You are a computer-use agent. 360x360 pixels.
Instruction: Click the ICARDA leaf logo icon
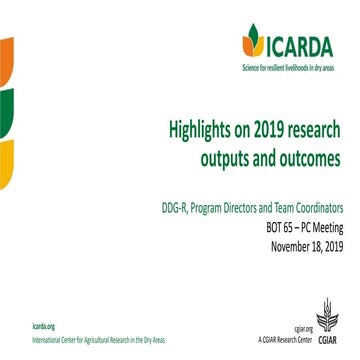tap(254, 42)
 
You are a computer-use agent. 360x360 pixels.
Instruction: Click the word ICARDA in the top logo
tap(306, 44)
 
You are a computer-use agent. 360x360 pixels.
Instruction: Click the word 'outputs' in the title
tap(229, 160)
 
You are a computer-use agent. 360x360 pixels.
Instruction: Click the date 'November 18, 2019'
tap(300, 247)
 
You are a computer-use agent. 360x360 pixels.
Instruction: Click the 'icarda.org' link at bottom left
tap(44, 327)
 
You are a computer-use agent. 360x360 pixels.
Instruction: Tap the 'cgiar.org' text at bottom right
tap(304, 328)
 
